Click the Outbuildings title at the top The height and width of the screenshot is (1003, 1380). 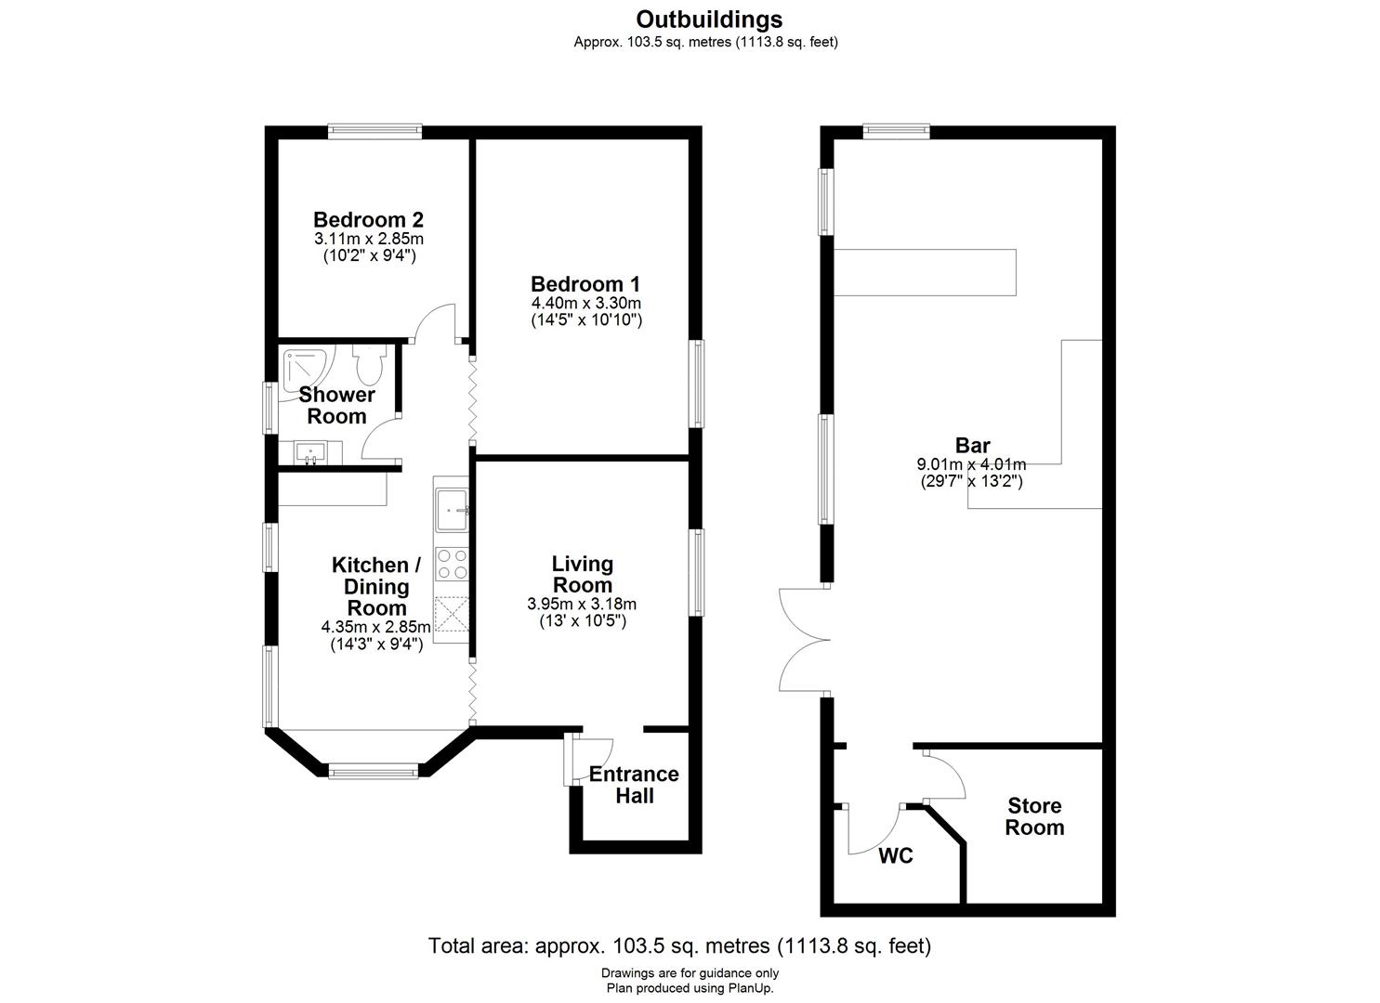point(709,20)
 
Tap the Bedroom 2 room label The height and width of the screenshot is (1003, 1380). point(368,220)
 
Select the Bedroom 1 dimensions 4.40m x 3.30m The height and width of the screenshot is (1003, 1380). point(585,303)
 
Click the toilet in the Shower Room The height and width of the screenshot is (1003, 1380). point(369,364)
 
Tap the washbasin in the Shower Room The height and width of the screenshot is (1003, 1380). point(309,452)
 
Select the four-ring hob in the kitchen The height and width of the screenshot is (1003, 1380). point(453,563)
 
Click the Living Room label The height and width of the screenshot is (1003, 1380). point(583,575)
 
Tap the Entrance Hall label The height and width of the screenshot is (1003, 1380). point(634,785)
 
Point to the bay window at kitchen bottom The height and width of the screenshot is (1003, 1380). point(374,770)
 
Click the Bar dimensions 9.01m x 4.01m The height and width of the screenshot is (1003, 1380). point(972,464)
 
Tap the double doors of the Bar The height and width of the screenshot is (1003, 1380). point(802,639)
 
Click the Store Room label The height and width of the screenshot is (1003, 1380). point(1034,816)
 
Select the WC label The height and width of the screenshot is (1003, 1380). point(896,855)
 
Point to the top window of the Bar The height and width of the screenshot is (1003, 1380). point(896,132)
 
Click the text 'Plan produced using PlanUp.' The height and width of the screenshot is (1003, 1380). point(690,988)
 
